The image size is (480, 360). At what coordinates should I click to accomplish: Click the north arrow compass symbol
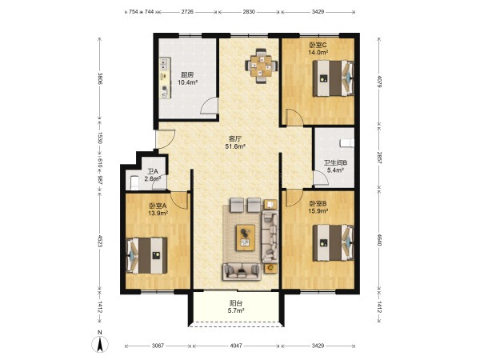100,343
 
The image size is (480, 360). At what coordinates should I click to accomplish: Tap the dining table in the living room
261,66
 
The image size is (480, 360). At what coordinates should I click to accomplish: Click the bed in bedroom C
333,78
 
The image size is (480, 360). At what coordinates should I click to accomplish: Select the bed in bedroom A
147,255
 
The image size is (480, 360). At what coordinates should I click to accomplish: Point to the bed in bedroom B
333,243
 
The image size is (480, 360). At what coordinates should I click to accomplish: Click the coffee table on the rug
246,238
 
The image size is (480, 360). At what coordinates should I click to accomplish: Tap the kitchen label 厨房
186,75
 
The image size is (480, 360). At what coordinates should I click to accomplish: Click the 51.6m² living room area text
235,146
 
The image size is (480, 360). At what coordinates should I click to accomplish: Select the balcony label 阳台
236,303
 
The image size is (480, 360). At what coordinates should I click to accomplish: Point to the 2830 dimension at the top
249,12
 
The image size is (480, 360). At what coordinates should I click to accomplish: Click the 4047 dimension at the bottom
236,346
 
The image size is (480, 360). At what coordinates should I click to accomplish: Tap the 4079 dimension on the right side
379,82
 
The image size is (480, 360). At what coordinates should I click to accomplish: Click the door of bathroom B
321,178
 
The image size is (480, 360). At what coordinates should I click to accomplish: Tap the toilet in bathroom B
347,143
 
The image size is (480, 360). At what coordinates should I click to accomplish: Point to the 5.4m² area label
335,170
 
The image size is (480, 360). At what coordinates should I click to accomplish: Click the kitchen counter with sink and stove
166,78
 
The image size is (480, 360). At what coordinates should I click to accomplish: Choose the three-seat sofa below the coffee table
242,272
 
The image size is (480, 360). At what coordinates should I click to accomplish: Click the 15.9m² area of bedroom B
318,210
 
